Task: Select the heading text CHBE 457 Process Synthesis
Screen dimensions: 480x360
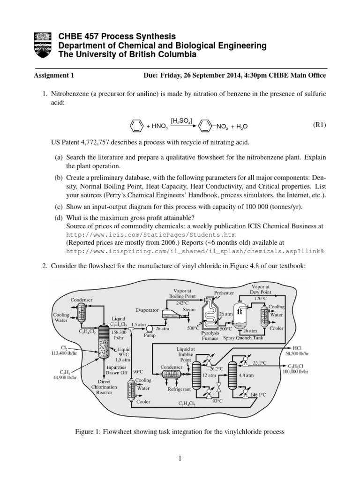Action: point(117,37)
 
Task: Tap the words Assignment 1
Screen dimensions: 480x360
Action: point(54,75)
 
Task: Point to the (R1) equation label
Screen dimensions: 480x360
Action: point(319,125)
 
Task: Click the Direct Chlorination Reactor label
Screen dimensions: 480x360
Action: point(105,387)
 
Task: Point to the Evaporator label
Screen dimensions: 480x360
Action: point(147,310)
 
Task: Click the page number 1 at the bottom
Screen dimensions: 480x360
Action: point(180,461)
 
